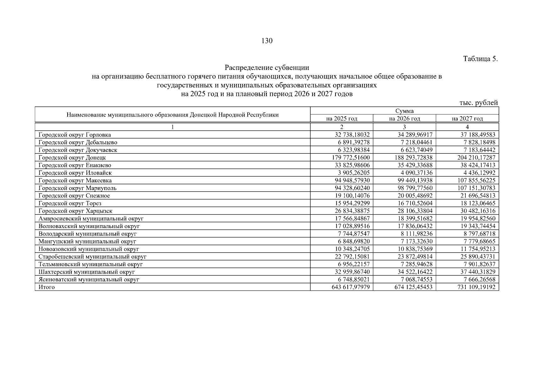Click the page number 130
tap(267, 41)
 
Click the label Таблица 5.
tap(480, 59)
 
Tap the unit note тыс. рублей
tap(479, 103)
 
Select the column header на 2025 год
tap(342, 119)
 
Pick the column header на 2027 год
tap(467, 119)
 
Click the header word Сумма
tap(404, 111)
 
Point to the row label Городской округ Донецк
tap(72, 157)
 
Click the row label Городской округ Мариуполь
tap(77, 188)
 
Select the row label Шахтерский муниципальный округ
tap(87, 272)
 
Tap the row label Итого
tap(47, 287)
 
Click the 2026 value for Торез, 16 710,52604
tap(415, 203)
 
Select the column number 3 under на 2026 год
tap(404, 127)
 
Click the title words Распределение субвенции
tap(267, 68)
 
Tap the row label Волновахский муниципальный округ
tap(89, 226)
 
